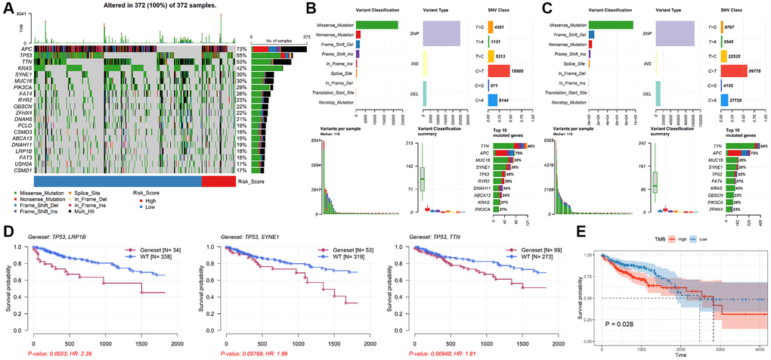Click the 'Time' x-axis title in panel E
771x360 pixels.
[x=680, y=354]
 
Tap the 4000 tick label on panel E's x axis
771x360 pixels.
[x=758, y=346]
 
